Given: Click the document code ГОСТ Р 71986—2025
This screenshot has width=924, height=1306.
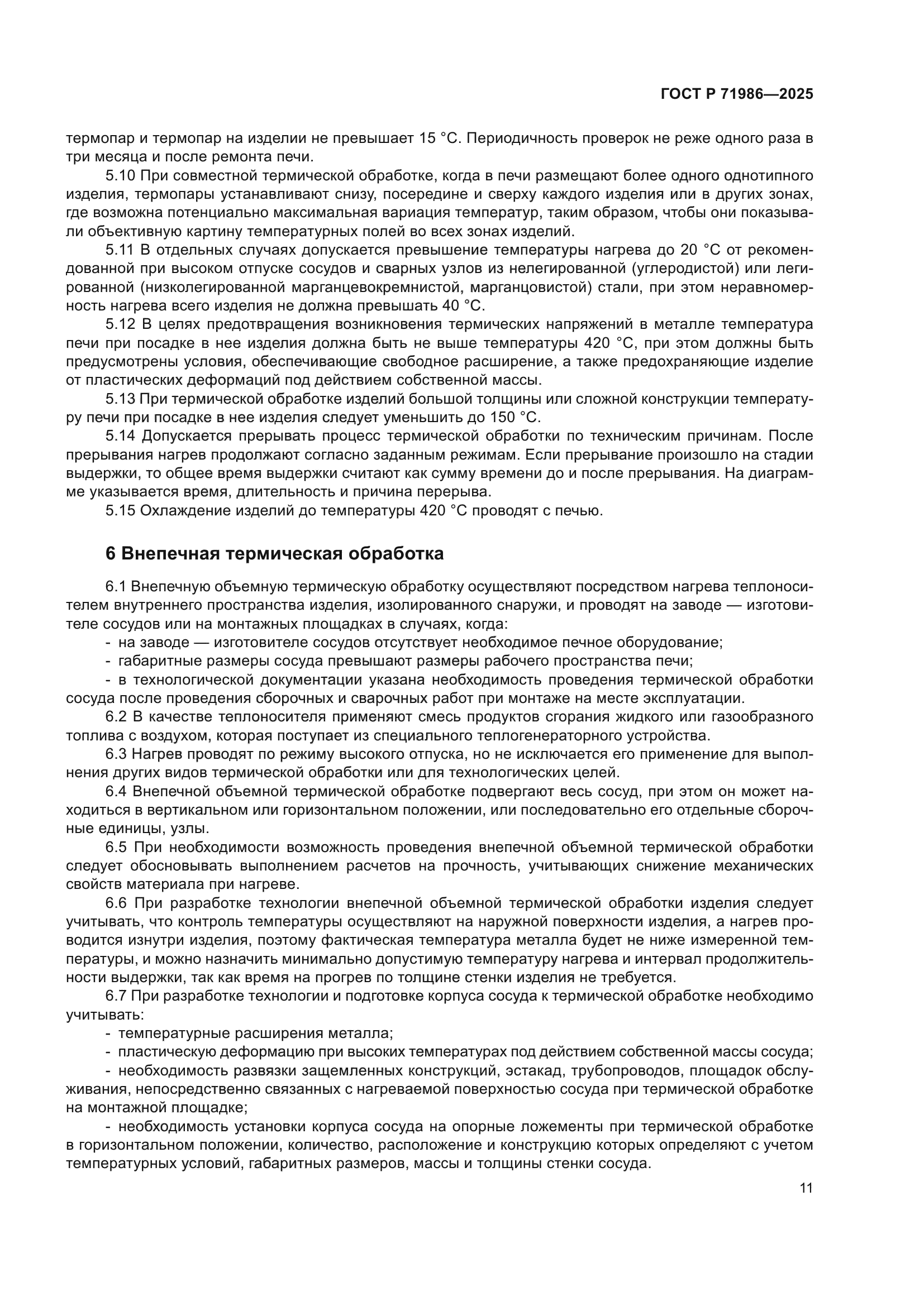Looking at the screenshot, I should click(737, 94).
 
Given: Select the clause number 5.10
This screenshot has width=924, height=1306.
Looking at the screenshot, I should click(120, 175).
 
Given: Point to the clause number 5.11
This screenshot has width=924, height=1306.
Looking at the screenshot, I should click(120, 250).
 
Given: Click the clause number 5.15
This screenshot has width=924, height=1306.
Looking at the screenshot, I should click(120, 511).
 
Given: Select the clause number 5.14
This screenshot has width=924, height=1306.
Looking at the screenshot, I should click(120, 436).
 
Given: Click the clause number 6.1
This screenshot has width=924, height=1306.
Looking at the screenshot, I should click(116, 586).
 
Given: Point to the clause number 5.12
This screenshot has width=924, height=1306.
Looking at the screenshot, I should click(120, 324).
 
